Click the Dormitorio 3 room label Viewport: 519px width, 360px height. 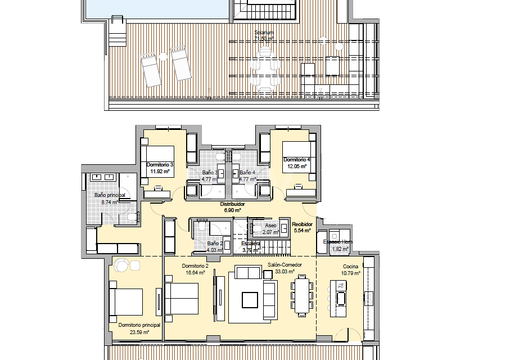tap(160, 165)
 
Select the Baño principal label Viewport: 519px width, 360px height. tap(110, 195)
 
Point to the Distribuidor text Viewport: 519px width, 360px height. tap(232, 204)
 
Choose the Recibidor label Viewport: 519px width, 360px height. tap(302, 224)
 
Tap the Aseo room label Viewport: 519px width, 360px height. tap(270, 225)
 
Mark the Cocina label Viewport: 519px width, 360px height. tap(351, 267)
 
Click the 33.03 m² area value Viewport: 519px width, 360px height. tap(284, 271)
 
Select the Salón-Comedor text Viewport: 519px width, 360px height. tap(284, 264)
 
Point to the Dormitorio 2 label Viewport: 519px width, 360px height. tap(195, 265)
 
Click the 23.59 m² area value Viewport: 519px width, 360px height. tap(139, 332)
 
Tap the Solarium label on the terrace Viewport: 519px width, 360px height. tap(264, 33)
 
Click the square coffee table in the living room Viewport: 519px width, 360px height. tap(250, 300)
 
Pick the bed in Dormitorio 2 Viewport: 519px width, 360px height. tap(182, 298)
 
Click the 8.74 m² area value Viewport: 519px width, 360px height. tap(109, 202)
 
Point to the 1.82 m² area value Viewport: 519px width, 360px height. tap(340, 249)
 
